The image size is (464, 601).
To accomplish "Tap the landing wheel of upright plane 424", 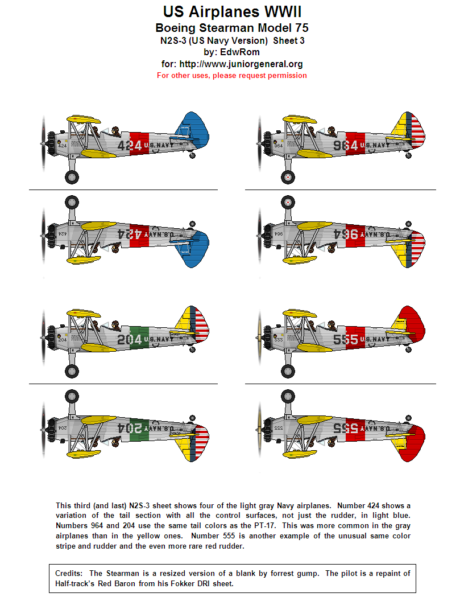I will (x=72, y=177).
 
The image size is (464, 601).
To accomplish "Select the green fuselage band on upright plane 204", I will (x=139, y=339).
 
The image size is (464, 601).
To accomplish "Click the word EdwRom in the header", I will (x=231, y=52).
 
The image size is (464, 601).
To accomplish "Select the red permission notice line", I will (x=231, y=75).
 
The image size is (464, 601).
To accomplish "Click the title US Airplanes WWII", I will (x=231, y=11).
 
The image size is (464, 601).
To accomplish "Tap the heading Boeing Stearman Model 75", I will (x=231, y=28).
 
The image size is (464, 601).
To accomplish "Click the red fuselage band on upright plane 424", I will (x=139, y=145).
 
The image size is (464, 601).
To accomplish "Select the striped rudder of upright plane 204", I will (x=200, y=327).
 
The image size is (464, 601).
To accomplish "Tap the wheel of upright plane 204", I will (x=72, y=371).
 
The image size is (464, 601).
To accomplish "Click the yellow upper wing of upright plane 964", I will (x=302, y=119).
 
